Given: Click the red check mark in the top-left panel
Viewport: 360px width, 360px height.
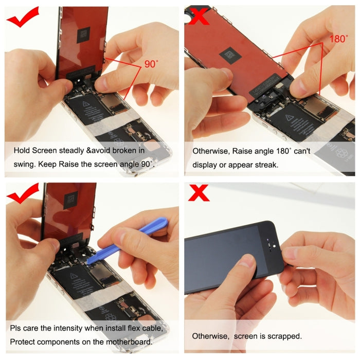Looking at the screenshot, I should pos(23,19).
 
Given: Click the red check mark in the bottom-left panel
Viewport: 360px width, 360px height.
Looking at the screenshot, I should pos(23,193).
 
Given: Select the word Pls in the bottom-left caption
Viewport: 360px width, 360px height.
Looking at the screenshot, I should pos(17,328).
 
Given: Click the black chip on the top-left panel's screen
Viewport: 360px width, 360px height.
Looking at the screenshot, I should pos(82,34).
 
